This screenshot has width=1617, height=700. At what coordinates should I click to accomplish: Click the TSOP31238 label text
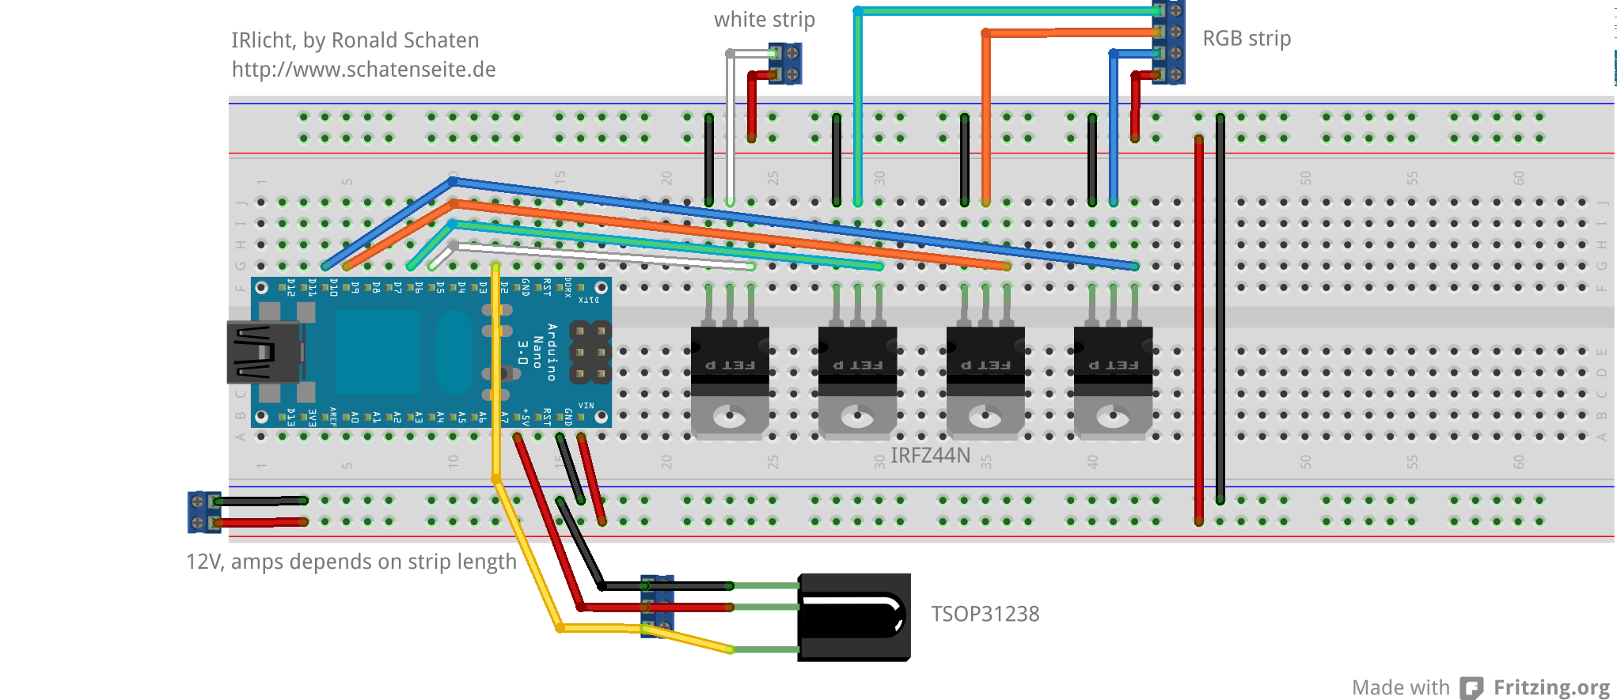click(x=985, y=614)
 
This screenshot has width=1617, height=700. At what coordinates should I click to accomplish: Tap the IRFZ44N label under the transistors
click(x=930, y=456)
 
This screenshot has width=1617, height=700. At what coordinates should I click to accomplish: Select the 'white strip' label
click(x=764, y=20)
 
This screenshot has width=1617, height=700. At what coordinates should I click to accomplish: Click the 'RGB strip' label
click(x=1247, y=39)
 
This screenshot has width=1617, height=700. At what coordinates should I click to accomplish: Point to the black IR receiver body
click(x=853, y=617)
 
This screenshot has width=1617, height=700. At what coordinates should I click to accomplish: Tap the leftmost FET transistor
click(x=730, y=380)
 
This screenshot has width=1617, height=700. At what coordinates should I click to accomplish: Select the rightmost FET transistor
click(x=1113, y=380)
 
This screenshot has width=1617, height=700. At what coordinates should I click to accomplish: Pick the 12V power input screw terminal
click(x=203, y=512)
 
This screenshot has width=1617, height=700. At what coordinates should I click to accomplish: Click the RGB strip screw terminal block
click(x=1169, y=43)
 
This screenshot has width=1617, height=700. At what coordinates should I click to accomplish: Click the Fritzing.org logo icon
click(x=1471, y=687)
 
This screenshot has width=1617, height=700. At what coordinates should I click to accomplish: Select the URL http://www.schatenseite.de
click(x=363, y=70)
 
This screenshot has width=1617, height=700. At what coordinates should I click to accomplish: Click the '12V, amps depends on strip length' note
click(x=351, y=562)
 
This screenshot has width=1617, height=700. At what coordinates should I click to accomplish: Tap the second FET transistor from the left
click(x=857, y=380)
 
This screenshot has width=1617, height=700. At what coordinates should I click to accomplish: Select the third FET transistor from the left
click(x=985, y=380)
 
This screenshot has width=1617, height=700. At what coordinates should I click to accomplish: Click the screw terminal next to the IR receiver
click(x=657, y=607)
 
